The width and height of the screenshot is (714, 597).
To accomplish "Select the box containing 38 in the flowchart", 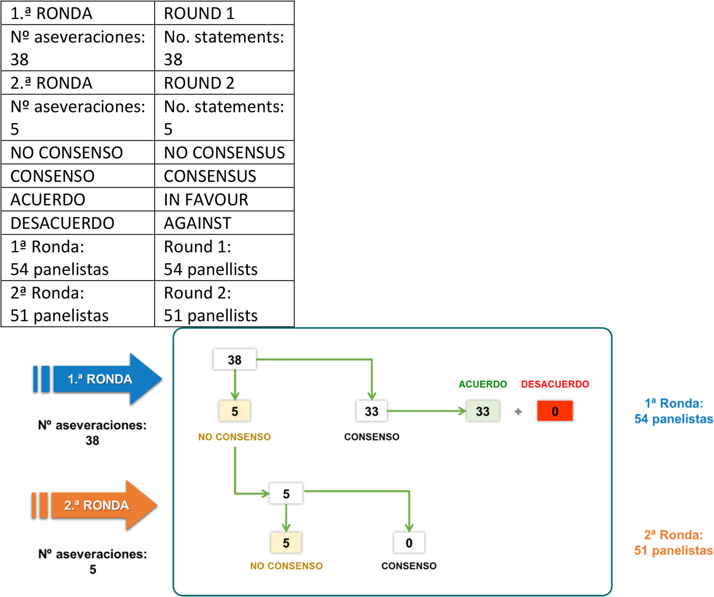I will [x=235, y=360].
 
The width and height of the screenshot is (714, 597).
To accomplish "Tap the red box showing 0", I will [x=555, y=411].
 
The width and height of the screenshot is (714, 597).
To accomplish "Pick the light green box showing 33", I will [x=483, y=411].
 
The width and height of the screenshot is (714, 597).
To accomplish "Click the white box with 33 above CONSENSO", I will [x=372, y=411].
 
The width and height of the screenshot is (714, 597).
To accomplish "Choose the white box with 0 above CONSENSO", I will [x=409, y=543].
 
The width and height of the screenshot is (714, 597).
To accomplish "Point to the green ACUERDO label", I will [x=483, y=384].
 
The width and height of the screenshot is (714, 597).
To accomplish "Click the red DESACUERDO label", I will [x=555, y=384].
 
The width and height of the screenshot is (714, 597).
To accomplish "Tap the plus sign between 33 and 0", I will [x=518, y=412].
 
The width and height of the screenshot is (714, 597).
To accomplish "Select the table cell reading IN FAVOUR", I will [x=224, y=200].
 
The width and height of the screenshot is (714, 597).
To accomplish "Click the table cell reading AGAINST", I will [x=224, y=223].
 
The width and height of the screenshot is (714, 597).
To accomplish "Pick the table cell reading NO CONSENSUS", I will [x=224, y=152].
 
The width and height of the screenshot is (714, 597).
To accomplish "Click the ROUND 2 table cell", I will [x=224, y=83].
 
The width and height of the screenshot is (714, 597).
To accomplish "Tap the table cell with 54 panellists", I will [x=224, y=258].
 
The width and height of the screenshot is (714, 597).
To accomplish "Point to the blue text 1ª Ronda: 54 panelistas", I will [x=673, y=411].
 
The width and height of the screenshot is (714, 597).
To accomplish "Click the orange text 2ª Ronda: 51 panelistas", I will [x=673, y=543].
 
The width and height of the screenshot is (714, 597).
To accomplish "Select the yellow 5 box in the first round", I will [x=235, y=411].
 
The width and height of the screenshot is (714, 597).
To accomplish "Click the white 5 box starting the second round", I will [x=286, y=494].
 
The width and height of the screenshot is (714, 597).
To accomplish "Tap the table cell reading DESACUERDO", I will [x=78, y=223].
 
